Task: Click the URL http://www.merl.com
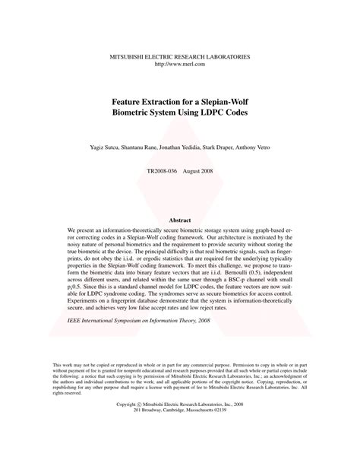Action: click(180, 65)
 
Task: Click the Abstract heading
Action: click(180, 220)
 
